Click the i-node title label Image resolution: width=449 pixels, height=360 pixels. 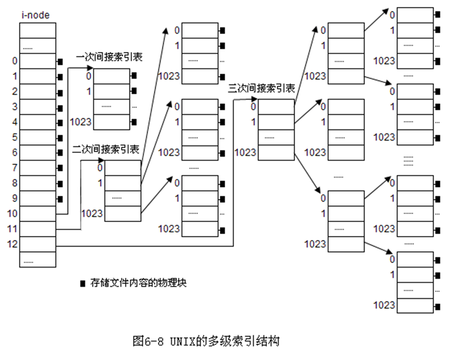[36, 15]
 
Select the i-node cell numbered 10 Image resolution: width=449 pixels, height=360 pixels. [37, 213]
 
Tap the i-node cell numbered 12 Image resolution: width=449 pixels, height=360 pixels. [37, 244]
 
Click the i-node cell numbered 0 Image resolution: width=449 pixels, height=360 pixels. [37, 61]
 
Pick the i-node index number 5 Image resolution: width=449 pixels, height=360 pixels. [15, 137]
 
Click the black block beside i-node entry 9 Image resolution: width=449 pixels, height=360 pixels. [60, 199]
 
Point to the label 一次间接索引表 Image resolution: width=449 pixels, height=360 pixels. [109, 57]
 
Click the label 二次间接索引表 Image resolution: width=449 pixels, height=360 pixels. [106, 149]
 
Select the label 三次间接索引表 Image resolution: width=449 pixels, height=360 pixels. [261, 88]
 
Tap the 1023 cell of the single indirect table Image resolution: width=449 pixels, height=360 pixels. [111, 122]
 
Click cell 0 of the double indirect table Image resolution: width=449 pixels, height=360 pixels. [122, 168]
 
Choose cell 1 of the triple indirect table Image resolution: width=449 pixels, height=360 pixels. [276, 122]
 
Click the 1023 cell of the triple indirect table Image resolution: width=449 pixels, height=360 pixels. [276, 152]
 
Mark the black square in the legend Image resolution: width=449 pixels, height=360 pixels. [83, 283]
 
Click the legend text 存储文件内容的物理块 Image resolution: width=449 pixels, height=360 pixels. [138, 283]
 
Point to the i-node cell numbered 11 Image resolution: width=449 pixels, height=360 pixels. [37, 229]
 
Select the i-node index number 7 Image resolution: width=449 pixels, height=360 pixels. [15, 168]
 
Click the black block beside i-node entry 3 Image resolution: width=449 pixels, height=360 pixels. [60, 108]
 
